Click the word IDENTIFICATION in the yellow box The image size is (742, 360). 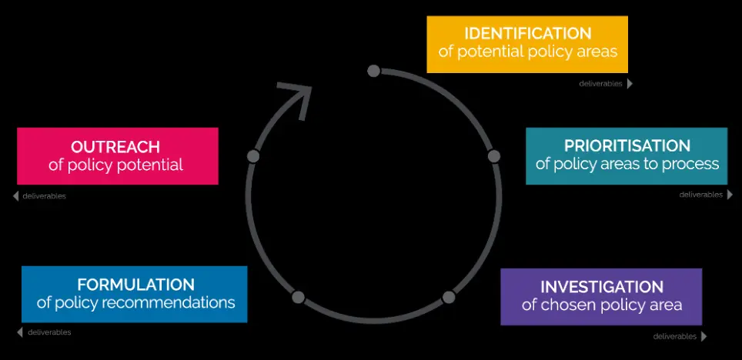pyautogui.click(x=527, y=34)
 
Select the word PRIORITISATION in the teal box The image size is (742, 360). pyautogui.click(x=627, y=145)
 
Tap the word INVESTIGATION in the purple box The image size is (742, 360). pyautogui.click(x=601, y=287)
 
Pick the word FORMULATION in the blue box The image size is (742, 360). pyautogui.click(x=135, y=285)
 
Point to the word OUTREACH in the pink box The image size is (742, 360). pyautogui.click(x=115, y=147)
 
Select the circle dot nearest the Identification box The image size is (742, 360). pyautogui.click(x=373, y=72)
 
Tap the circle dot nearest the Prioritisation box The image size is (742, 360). pyautogui.click(x=494, y=156)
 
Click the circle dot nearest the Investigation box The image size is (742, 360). pyautogui.click(x=449, y=296)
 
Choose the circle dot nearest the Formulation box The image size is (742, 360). pyautogui.click(x=299, y=297)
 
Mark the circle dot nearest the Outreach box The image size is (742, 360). pyautogui.click(x=253, y=156)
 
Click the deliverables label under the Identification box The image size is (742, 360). pyautogui.click(x=600, y=84)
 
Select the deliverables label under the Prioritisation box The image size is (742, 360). pyautogui.click(x=700, y=195)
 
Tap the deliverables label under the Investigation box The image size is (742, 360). pyautogui.click(x=675, y=336)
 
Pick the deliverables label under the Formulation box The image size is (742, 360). pyautogui.click(x=49, y=332)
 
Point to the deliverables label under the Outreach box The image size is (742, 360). pyautogui.click(x=45, y=196)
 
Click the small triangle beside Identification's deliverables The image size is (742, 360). pyautogui.click(x=630, y=84)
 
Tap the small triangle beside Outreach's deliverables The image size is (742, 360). pyautogui.click(x=16, y=196)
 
